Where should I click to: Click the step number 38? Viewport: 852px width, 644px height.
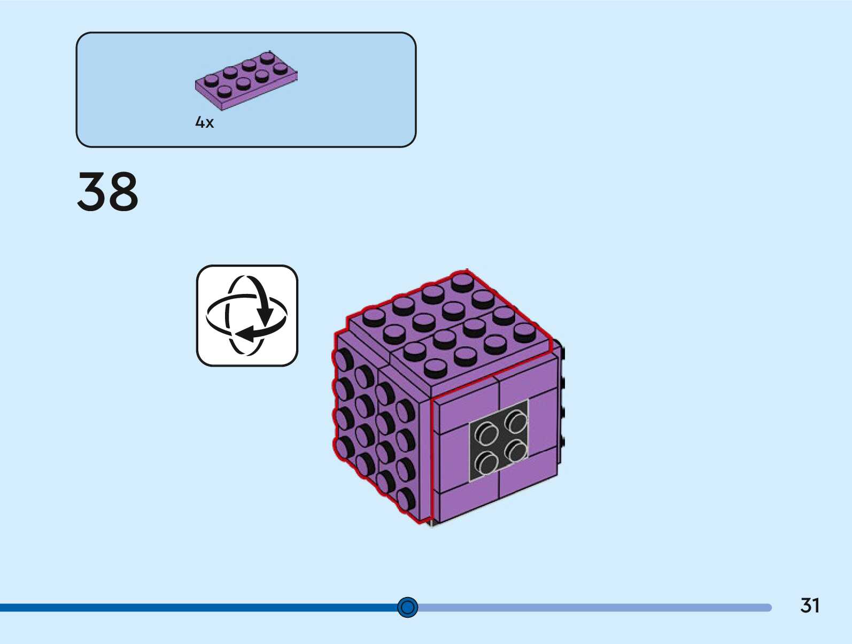click(108, 191)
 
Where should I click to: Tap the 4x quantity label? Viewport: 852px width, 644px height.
click(204, 123)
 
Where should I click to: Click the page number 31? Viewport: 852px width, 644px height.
click(810, 606)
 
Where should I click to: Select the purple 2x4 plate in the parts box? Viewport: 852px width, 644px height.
click(246, 81)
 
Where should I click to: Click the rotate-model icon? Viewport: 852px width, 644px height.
click(247, 315)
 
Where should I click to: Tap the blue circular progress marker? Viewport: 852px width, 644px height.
click(408, 607)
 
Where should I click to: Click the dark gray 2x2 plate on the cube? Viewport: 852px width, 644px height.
click(499, 440)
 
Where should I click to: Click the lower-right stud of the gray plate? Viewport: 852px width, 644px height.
click(516, 450)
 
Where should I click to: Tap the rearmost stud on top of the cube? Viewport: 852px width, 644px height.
click(462, 282)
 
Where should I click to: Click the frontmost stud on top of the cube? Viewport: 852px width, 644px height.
click(435, 367)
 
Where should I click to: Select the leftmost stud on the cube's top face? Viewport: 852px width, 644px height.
click(374, 317)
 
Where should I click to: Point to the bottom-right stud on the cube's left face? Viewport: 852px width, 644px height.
click(406, 499)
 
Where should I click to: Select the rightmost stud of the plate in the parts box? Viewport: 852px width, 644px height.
click(280, 68)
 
